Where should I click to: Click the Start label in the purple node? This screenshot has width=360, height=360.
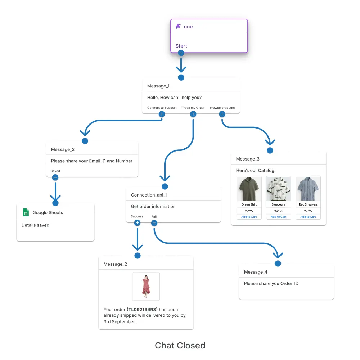coord(181,46)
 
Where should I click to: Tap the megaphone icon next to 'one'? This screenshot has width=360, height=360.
coord(178,26)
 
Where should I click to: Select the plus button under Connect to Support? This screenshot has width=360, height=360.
coord(162,114)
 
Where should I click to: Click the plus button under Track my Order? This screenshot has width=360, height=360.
coord(193,114)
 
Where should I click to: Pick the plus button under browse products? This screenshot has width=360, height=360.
coord(222,114)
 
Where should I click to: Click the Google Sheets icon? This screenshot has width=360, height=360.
coord(26,212)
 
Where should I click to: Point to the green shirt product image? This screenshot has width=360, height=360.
coord(249,189)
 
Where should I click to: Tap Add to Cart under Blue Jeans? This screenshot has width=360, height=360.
coord(278,217)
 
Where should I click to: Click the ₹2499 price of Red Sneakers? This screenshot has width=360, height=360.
coord(308,211)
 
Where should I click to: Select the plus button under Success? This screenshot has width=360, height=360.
coord(137,223)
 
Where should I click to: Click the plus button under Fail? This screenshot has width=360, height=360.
coord(154,223)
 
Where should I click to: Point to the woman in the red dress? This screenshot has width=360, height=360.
coord(146,286)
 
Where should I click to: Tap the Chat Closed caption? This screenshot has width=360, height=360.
coord(180,346)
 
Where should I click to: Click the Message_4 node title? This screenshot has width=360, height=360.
coord(256,272)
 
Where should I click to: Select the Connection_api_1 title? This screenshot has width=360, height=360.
coord(149,195)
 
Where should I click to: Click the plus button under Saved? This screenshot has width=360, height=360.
coord(55,177)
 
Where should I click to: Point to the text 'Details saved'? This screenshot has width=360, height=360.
coord(35,225)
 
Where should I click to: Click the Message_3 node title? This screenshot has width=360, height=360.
coord(248,159)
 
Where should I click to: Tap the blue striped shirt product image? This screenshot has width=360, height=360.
coord(308,189)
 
